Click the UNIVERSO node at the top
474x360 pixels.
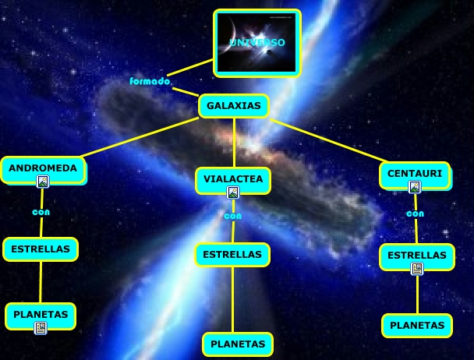point(257,43)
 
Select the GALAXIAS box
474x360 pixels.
point(234,105)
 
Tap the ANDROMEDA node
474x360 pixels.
point(43,168)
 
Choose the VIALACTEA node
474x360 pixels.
point(233,180)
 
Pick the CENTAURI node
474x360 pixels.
point(416,174)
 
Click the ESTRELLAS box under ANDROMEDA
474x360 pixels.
point(41,249)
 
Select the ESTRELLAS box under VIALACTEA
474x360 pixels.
point(232,255)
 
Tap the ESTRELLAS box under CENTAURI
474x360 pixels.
point(417,256)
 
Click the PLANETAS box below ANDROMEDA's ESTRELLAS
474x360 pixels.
point(41,315)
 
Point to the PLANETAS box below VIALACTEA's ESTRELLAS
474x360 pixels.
point(238,344)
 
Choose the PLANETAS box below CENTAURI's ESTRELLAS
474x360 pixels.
point(417,325)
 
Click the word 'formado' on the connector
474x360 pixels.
point(150,81)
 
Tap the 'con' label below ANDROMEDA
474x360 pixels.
point(41,211)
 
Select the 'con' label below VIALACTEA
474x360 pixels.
point(233,216)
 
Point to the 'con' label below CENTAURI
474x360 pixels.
point(416,213)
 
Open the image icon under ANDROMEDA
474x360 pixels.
point(43,182)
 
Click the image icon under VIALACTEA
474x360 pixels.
point(233,192)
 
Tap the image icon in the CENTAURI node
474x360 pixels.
point(415,187)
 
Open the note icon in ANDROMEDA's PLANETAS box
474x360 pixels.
point(41,329)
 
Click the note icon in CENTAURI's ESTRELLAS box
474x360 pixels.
point(417,269)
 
